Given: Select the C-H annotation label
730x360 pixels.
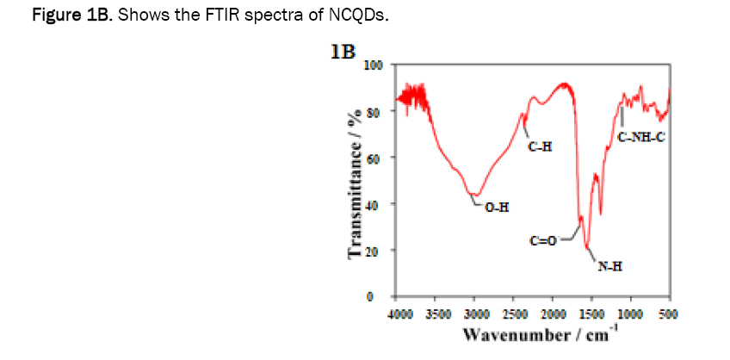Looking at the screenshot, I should point(540,147).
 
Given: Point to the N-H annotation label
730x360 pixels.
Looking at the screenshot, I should point(610,267).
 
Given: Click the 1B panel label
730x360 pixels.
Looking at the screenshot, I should point(343,53).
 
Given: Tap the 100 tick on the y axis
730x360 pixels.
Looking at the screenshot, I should point(374,65).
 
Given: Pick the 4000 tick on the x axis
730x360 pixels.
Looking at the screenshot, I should point(399,314).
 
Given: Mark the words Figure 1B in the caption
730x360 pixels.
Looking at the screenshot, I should point(55,17).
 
